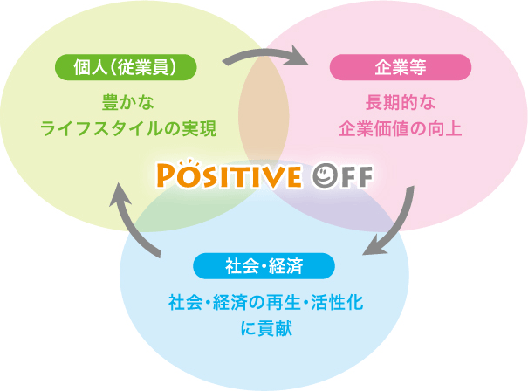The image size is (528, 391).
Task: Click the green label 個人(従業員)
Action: (x=126, y=67)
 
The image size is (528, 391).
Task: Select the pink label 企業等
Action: (x=401, y=67)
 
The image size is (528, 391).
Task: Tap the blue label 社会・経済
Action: (x=264, y=266)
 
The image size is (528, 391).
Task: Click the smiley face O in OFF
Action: (x=325, y=175)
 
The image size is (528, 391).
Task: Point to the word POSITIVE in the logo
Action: (x=229, y=175)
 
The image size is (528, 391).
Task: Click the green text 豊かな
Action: (x=128, y=102)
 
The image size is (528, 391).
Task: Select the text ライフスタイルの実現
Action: (x=128, y=128)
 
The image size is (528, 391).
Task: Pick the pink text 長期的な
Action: (x=401, y=102)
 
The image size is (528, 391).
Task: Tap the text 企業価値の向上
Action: (x=401, y=128)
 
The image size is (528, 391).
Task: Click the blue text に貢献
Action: (x=266, y=328)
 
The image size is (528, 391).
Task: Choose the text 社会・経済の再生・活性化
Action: (x=266, y=302)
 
